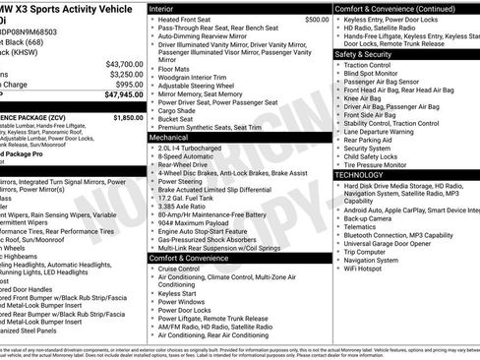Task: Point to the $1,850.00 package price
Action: [x=127, y=117]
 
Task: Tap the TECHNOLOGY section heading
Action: [x=360, y=174]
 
